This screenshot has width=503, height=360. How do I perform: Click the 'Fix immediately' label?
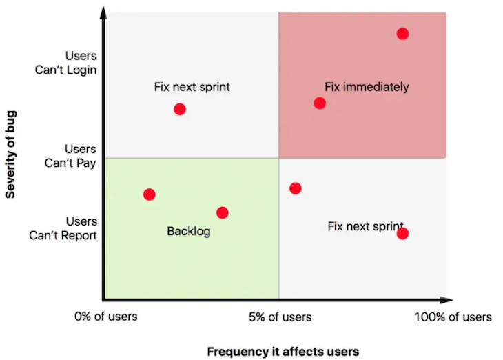click(367, 87)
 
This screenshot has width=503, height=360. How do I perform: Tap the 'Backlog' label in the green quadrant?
click(188, 232)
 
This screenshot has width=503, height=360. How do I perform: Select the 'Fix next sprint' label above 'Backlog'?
click(192, 87)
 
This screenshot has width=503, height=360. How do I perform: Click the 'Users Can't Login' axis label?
click(72, 63)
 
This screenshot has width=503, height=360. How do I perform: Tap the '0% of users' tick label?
click(106, 317)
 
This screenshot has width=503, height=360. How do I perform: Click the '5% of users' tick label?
click(280, 317)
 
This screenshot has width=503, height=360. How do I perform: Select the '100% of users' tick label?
click(453, 317)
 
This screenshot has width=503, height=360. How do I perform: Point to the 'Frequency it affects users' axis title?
click(283, 351)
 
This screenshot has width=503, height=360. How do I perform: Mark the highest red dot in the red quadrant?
click(402, 34)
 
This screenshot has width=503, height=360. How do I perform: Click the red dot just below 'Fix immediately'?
click(320, 103)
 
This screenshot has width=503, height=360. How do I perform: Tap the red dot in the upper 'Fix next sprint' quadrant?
click(180, 109)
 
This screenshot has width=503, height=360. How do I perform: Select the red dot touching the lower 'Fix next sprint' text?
click(402, 234)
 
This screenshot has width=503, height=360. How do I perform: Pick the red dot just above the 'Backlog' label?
click(222, 213)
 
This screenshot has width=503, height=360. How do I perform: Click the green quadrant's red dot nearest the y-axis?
click(149, 194)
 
